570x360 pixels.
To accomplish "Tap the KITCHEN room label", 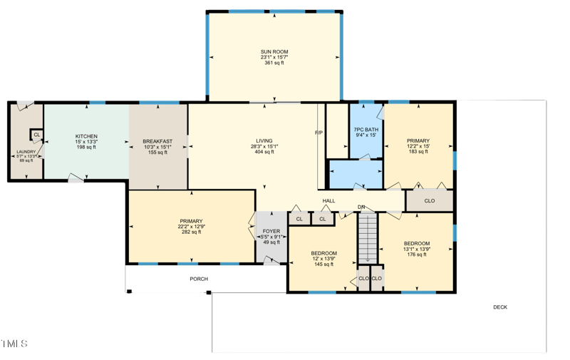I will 86,136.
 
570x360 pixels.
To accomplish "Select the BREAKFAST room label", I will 157,140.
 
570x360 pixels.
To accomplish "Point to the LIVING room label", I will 264,141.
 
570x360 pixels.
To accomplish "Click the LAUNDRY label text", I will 26,151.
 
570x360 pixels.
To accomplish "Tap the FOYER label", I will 271,231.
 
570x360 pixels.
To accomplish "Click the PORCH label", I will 199,279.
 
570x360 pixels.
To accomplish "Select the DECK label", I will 500,307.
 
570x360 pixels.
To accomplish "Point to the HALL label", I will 328,201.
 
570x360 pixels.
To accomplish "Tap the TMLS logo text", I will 15,344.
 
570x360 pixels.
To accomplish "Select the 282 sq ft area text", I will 191,232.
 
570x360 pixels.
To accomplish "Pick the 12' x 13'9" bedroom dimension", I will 323,259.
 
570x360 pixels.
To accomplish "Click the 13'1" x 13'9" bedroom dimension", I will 417,248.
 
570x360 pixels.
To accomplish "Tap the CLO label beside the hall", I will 429,201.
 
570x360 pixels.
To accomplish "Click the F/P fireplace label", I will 318,133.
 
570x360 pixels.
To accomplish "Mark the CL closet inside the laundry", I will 36,135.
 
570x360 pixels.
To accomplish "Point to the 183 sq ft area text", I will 418,151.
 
